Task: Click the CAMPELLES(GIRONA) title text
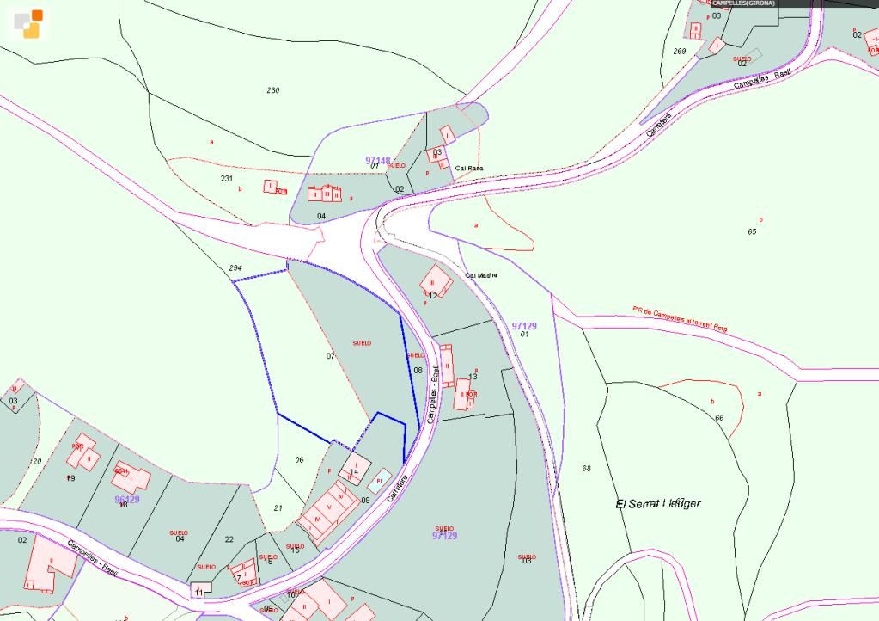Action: (x=743, y=3)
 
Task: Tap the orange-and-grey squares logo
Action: (x=28, y=23)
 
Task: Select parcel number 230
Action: (x=273, y=90)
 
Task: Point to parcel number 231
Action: (x=227, y=178)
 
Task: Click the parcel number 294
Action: (x=235, y=268)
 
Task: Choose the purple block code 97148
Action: (x=377, y=160)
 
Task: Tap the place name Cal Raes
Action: (x=469, y=169)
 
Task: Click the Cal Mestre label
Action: (x=481, y=275)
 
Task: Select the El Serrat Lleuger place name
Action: (x=658, y=503)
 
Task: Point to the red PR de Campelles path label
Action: (x=679, y=319)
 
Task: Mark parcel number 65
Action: (x=752, y=231)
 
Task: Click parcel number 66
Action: (x=719, y=417)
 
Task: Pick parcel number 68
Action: (x=587, y=469)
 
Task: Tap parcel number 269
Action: (x=680, y=52)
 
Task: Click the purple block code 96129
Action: (x=126, y=499)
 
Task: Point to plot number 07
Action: (x=330, y=355)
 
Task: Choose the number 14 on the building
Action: (x=353, y=471)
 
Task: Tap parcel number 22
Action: (x=229, y=539)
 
